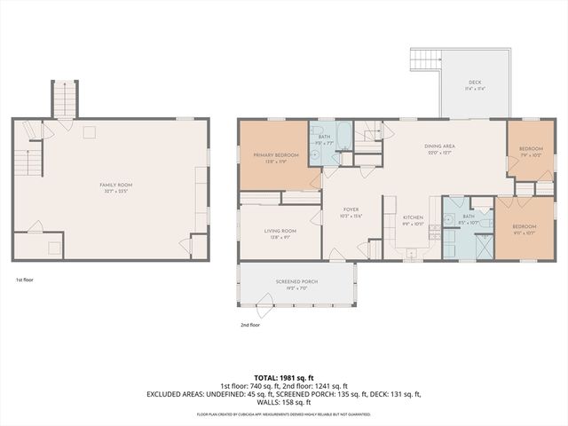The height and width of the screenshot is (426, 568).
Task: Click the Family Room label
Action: click(x=111, y=187)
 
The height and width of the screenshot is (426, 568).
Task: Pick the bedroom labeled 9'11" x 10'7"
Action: click(x=525, y=232)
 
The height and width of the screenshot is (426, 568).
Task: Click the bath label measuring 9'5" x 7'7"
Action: click(x=325, y=139)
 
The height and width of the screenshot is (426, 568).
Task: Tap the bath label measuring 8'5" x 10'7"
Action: click(x=468, y=219)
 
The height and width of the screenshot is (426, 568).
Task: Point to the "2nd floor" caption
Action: click(x=250, y=325)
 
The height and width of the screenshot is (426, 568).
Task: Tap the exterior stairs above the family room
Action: click(x=65, y=99)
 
